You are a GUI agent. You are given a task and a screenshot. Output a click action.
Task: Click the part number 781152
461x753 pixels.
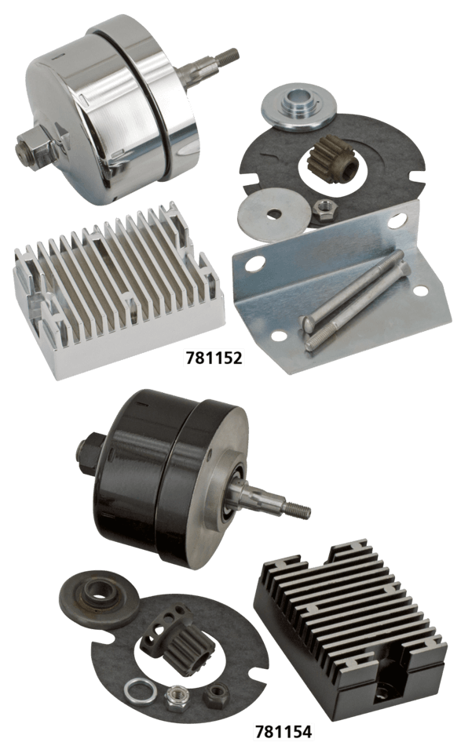coord(214,358)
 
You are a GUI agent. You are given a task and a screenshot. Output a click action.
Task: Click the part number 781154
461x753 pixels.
coord(284,732)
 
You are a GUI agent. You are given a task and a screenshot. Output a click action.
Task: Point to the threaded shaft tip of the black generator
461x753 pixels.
coord(297,510)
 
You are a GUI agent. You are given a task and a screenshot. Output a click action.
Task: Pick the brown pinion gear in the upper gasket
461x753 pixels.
coord(335,155)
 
